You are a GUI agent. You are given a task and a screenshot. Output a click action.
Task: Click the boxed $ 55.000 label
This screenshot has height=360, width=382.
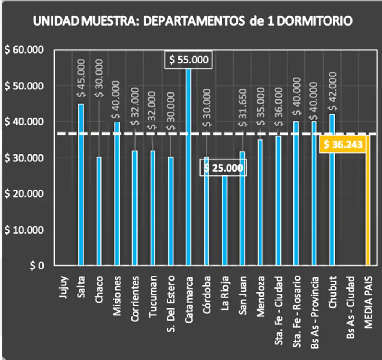(x=188, y=60)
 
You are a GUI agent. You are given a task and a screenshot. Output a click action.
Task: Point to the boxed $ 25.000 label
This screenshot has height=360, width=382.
(x=223, y=169)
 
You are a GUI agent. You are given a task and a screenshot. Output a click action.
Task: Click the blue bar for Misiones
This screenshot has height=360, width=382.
(x=117, y=193)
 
